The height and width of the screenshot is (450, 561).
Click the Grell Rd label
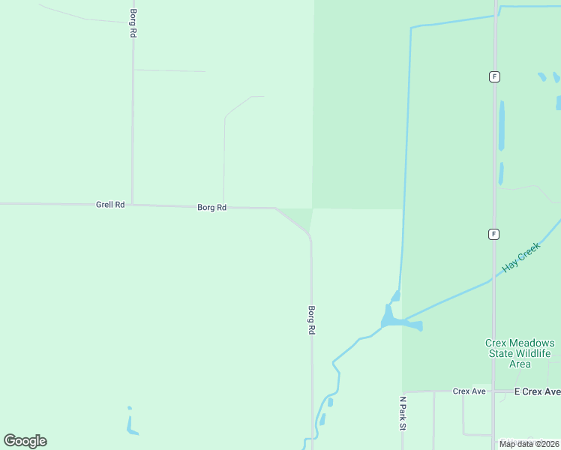tap(110, 205)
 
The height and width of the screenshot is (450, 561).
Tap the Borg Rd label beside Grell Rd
tap(211, 208)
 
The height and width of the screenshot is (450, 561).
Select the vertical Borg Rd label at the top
tap(133, 24)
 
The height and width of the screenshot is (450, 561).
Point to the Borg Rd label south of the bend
tap(311, 320)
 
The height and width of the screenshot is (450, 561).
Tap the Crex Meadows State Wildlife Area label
tap(520, 353)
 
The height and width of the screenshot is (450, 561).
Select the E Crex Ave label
tap(537, 391)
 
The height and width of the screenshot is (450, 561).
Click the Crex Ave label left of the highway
tap(469, 391)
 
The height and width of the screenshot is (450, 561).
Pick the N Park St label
tap(403, 413)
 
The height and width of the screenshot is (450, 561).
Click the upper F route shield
tap(493, 76)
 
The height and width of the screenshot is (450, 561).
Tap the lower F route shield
tap(493, 234)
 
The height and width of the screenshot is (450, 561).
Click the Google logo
tap(25, 441)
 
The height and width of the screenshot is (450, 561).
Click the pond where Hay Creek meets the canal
tap(397, 321)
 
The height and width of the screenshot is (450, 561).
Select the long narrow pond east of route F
tap(502, 126)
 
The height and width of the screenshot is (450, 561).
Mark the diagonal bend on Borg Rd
tap(293, 221)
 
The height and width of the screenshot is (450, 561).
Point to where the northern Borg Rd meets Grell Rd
tap(133, 205)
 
